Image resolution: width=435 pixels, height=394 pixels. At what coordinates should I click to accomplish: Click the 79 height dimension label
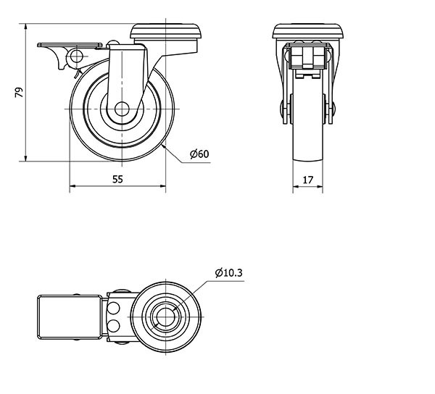19,92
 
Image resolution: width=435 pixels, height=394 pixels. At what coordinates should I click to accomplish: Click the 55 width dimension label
117,180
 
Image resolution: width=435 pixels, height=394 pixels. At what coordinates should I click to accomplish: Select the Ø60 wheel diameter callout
199,154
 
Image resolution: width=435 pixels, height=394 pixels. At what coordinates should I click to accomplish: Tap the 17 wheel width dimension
307,180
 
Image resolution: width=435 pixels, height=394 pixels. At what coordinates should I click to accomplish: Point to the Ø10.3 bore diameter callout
229,273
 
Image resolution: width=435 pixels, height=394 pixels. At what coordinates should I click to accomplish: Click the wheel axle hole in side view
122,109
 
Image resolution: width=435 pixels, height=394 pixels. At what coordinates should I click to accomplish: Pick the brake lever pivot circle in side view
77,56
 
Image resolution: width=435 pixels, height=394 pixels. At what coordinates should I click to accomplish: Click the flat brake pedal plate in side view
70,45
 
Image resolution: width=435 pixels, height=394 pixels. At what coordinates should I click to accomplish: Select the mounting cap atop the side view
166,31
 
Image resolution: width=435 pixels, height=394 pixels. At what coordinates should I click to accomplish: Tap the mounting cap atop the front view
308,31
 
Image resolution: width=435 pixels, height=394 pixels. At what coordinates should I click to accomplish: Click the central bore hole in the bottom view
165,317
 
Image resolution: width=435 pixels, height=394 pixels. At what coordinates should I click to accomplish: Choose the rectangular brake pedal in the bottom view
70,317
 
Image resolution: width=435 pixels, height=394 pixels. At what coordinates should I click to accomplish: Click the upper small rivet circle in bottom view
113,308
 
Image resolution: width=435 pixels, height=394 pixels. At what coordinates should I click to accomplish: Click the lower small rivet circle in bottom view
113,326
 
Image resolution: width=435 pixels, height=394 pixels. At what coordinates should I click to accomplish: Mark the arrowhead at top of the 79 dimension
26,27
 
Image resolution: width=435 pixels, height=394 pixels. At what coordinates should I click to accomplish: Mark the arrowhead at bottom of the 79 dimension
26,158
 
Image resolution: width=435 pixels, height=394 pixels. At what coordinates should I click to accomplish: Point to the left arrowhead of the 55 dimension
72,186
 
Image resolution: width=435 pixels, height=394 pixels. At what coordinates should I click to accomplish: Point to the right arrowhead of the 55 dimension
162,186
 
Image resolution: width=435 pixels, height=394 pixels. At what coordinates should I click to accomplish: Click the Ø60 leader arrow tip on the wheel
162,145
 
